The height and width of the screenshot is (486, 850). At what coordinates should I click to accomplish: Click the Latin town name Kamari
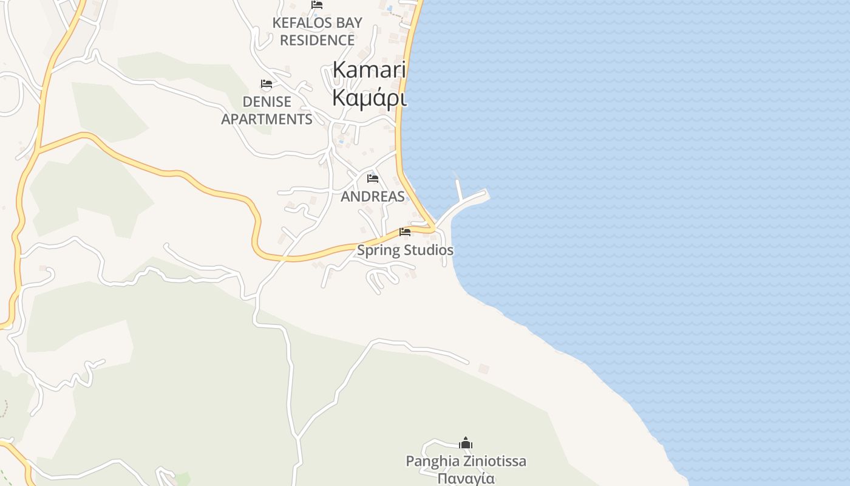[369, 70]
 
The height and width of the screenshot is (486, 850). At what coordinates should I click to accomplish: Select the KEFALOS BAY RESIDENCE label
[317, 32]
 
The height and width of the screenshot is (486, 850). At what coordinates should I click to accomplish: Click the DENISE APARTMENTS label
[267, 110]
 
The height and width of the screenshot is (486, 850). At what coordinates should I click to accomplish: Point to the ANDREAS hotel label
[373, 196]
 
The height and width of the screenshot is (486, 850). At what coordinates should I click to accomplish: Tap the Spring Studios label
[405, 250]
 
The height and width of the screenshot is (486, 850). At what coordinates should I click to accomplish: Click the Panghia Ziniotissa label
[466, 461]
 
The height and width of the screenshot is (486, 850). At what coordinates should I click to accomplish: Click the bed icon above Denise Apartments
[266, 84]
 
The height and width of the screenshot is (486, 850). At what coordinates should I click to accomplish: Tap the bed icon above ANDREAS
[373, 179]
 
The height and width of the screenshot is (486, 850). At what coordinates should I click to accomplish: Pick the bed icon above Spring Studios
[405, 232]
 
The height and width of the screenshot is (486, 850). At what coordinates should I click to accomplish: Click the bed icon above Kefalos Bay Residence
[317, 5]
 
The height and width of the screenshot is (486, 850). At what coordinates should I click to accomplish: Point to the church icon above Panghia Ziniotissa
[466, 443]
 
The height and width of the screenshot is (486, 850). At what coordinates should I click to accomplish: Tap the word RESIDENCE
[317, 40]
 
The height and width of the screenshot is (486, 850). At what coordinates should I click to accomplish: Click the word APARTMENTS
[267, 119]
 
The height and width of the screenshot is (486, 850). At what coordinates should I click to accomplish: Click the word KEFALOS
[295, 23]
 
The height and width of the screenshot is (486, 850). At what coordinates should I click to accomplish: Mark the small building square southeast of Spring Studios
[484, 369]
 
